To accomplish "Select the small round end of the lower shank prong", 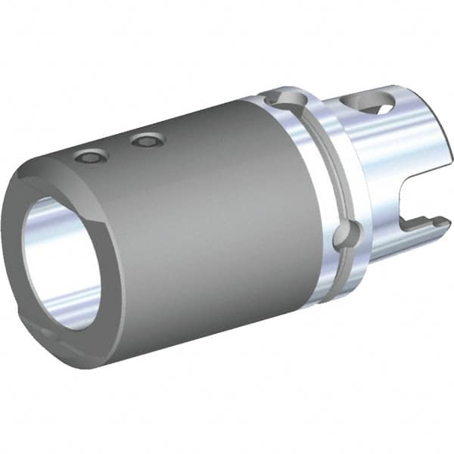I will [438, 220].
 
